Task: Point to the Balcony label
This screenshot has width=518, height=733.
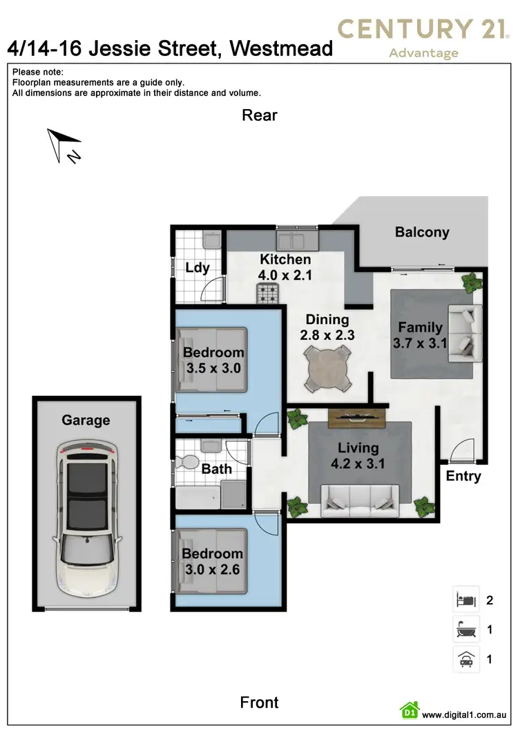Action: point(422,232)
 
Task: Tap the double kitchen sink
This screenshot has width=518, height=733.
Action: point(298,241)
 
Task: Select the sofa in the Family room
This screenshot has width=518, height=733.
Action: point(463,334)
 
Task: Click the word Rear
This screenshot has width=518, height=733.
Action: point(259,115)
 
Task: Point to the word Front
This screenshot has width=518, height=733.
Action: point(259,703)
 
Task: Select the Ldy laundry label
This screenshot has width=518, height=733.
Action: point(198,268)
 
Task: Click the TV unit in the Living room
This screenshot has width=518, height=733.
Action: point(356,416)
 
